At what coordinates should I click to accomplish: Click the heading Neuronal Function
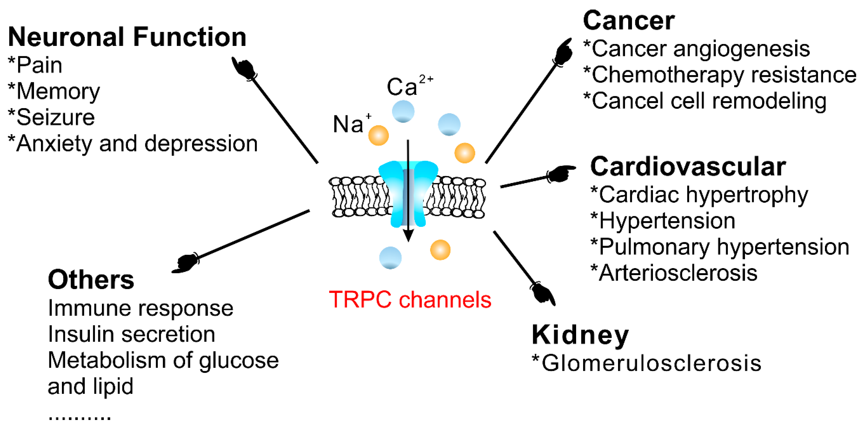tap(127, 37)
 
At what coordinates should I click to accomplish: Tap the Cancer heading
tap(628, 21)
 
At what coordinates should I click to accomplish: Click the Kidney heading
tap(580, 335)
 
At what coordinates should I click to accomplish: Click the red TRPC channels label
tap(410, 299)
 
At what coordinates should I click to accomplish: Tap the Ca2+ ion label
tap(408, 86)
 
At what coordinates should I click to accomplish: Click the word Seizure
tap(55, 117)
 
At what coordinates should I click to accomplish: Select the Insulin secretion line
tap(131, 334)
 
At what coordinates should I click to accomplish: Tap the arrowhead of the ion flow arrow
tap(408, 235)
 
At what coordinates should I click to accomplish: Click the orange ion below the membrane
tap(440, 250)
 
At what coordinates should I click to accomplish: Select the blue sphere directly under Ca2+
tap(403, 111)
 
